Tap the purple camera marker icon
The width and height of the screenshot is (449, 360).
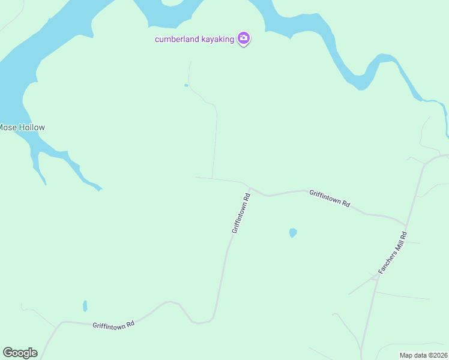pyautogui.click(x=244, y=39)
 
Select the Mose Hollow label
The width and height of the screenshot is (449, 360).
pyautogui.click(x=22, y=127)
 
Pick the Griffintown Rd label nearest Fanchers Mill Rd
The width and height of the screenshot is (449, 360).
pyautogui.click(x=330, y=198)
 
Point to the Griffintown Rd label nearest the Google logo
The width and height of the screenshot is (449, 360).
pyautogui.click(x=113, y=325)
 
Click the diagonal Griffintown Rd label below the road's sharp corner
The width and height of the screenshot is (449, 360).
pyautogui.click(x=241, y=213)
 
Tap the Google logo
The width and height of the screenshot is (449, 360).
pyautogui.click(x=20, y=353)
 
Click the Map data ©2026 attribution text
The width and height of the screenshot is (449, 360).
pyautogui.click(x=424, y=355)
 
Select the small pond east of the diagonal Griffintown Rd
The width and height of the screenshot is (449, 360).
pyautogui.click(x=292, y=233)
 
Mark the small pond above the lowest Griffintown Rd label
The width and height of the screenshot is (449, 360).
pyautogui.click(x=85, y=306)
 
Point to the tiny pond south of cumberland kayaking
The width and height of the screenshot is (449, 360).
pyautogui.click(x=186, y=85)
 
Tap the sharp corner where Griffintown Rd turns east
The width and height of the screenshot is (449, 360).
pyautogui.click(x=249, y=187)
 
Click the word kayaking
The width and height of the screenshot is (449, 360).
pyautogui.click(x=217, y=39)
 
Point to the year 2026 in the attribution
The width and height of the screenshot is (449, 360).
pyautogui.click(x=440, y=355)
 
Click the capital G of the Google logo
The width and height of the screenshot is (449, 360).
pyautogui.click(x=8, y=353)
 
